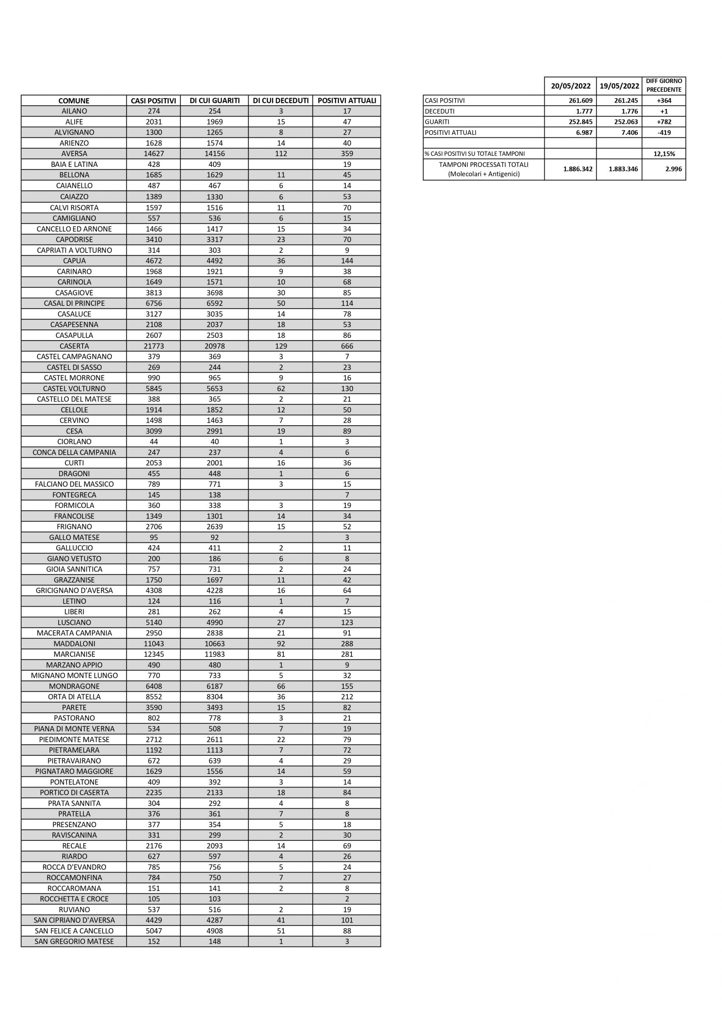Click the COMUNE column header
(x=74, y=101)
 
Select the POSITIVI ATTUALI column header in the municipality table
(x=347, y=101)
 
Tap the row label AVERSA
(x=74, y=154)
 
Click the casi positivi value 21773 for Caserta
(x=154, y=346)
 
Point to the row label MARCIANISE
(x=74, y=654)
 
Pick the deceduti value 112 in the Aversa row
(x=281, y=154)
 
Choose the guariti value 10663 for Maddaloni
(x=215, y=643)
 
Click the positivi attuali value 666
(x=347, y=346)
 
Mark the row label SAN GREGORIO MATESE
(x=74, y=941)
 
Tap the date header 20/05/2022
(x=570, y=86)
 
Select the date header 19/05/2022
(x=619, y=86)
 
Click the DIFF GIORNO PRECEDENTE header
(x=664, y=85)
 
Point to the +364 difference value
(x=664, y=101)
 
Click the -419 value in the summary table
(x=664, y=132)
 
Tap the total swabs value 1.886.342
(x=578, y=169)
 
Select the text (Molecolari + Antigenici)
(x=483, y=174)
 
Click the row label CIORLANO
(x=74, y=442)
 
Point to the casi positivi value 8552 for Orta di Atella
(x=154, y=697)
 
